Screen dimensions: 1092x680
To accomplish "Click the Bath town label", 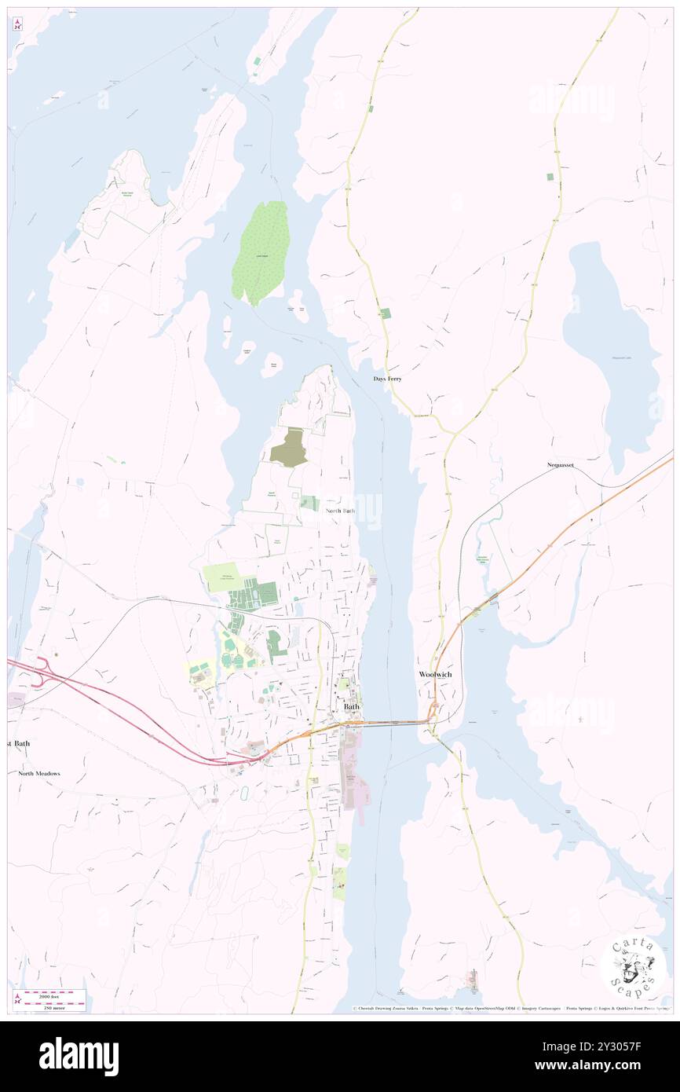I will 352,706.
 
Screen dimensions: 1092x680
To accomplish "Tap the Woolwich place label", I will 434,674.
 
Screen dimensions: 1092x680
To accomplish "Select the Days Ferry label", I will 387,379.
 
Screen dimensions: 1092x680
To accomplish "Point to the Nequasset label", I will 560,465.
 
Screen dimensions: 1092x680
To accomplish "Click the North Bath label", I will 340,511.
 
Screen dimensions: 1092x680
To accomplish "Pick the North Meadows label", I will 39,773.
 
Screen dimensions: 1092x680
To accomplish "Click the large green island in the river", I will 261,251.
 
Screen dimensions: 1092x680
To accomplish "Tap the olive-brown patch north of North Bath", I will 287,447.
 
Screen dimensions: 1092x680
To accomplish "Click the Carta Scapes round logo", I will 634,967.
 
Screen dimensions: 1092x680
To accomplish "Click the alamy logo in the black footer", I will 79,1056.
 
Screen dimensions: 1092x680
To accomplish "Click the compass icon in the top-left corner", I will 17,24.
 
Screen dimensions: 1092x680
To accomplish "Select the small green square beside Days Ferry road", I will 386,313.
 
